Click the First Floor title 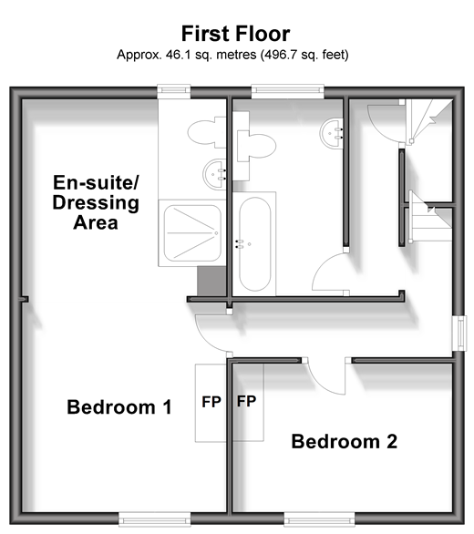[x=235, y=34]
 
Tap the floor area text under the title [x=232, y=55]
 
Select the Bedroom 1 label [x=119, y=407]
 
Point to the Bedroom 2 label [x=345, y=441]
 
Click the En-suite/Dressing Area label [x=96, y=202]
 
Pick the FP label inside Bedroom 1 [x=211, y=402]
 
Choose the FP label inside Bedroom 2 [x=246, y=401]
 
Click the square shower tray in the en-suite [x=192, y=233]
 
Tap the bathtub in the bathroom [x=255, y=244]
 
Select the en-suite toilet [x=207, y=132]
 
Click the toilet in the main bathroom [x=256, y=146]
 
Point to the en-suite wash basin [x=215, y=174]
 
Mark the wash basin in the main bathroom [x=331, y=133]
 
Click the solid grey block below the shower [x=211, y=282]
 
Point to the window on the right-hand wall [x=459, y=334]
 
